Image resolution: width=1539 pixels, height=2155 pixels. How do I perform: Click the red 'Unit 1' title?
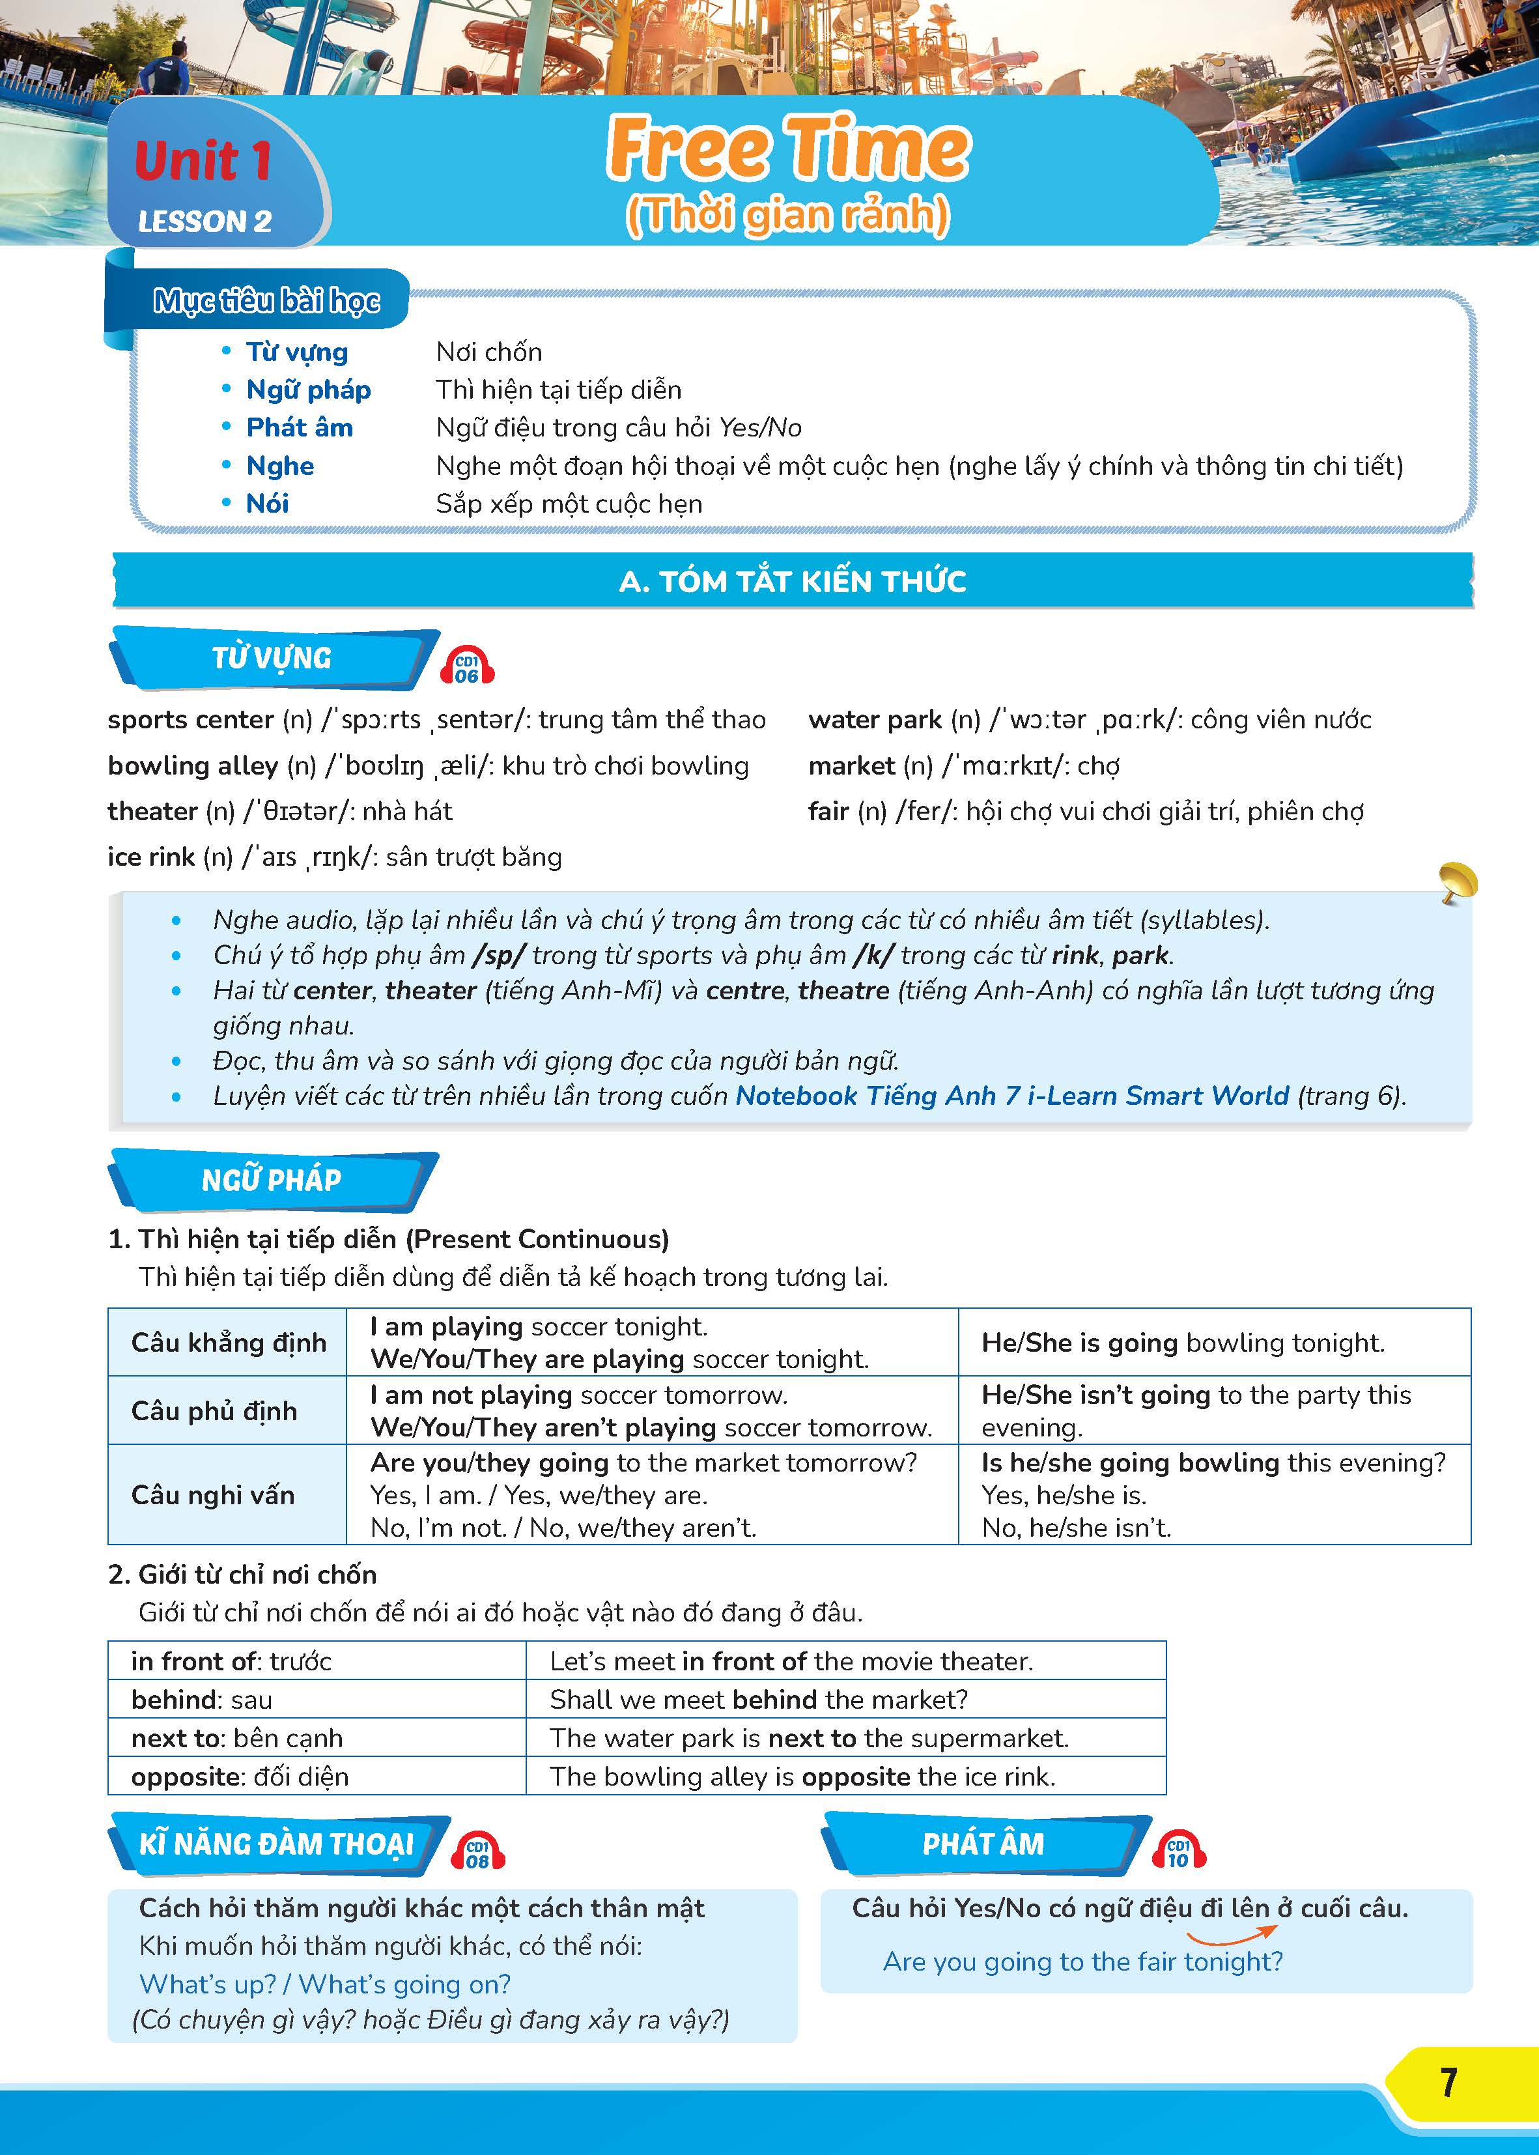tap(203, 160)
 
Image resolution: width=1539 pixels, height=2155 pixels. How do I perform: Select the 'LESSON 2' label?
tap(205, 221)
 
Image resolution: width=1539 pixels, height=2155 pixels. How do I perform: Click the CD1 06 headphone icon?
tap(467, 666)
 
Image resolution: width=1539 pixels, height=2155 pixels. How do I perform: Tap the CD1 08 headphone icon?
tap(477, 1851)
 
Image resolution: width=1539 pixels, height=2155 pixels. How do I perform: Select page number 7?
tap(1447, 2082)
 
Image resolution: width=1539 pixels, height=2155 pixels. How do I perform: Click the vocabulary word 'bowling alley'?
tap(192, 765)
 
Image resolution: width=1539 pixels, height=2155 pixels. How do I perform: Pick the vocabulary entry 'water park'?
tap(875, 721)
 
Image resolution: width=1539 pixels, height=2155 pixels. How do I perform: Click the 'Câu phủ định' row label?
tap(214, 1411)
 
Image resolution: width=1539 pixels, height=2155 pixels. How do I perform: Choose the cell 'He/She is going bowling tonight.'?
tap(1183, 1343)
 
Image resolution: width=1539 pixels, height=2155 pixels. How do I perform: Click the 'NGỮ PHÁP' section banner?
tap(272, 1180)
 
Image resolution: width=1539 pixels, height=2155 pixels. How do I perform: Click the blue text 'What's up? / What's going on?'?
tap(325, 1984)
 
